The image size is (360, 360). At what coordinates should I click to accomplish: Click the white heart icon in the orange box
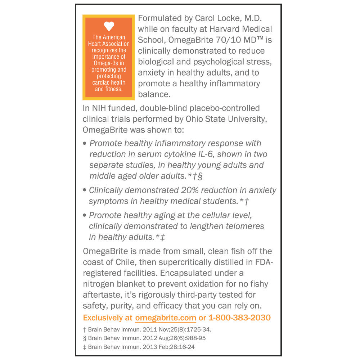pos(109,26)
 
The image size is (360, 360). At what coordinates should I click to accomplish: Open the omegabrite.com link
pos(166,318)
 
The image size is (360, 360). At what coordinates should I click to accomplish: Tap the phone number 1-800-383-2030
pos(239,318)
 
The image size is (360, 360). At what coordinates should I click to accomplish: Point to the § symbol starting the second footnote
pos(85,338)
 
